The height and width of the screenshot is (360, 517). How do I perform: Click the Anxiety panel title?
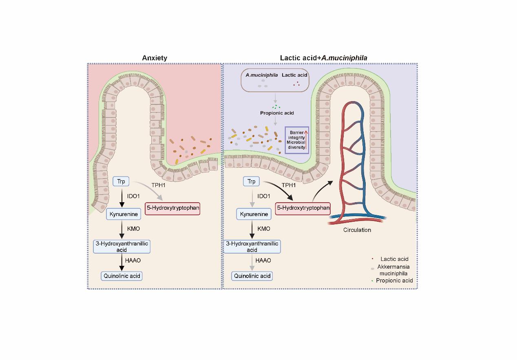click(x=155, y=58)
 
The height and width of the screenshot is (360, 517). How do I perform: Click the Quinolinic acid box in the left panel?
click(x=122, y=276)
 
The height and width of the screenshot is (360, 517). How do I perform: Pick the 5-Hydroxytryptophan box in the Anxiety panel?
click(x=173, y=208)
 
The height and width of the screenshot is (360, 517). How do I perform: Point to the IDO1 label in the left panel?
click(x=133, y=197)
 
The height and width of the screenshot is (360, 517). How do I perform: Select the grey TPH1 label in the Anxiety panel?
click(x=158, y=186)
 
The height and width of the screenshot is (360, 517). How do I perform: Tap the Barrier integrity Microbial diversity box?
click(x=297, y=140)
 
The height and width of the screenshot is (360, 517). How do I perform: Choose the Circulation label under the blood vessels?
click(x=357, y=230)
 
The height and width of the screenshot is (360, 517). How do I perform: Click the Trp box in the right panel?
click(x=252, y=181)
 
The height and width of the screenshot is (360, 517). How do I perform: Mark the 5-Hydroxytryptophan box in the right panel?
click(x=303, y=208)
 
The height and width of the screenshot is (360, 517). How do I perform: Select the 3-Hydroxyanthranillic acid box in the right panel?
click(x=252, y=247)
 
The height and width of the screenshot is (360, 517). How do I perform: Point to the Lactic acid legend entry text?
click(x=394, y=259)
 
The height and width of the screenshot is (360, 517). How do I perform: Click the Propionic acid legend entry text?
click(x=394, y=280)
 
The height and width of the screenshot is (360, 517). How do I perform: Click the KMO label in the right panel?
click(x=264, y=229)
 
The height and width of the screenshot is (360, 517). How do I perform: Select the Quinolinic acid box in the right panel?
click(x=252, y=276)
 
